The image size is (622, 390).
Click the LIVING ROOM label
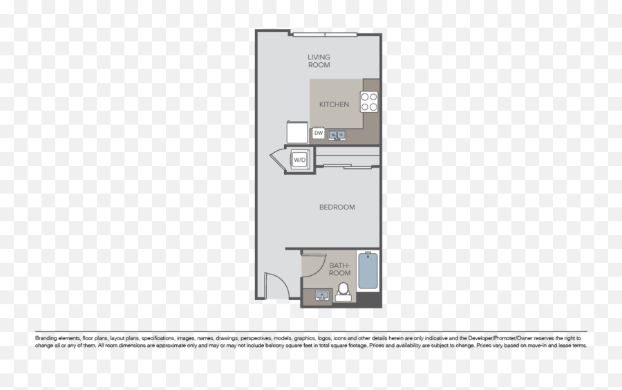pyautogui.click(x=319, y=61)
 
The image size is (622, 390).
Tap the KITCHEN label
pyautogui.click(x=334, y=105)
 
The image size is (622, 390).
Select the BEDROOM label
pyautogui.click(x=337, y=207)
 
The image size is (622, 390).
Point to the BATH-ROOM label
pyautogui.click(x=339, y=269)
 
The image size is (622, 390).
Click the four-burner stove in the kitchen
pyautogui.click(x=370, y=102)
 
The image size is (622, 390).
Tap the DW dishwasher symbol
pyautogui.click(x=319, y=133)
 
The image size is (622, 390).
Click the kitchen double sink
pyautogui.click(x=337, y=135)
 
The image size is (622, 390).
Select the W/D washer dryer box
pyautogui.click(x=299, y=160)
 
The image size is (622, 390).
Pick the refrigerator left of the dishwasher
pyautogui.click(x=296, y=132)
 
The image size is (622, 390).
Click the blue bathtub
pyautogui.click(x=368, y=272)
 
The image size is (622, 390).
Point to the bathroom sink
pyautogui.click(x=321, y=296)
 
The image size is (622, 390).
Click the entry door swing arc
pyautogui.click(x=274, y=284)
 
